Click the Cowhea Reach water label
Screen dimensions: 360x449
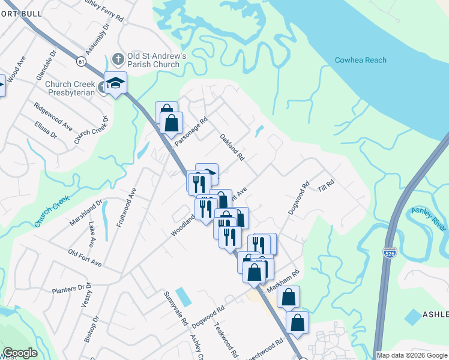point(360,60)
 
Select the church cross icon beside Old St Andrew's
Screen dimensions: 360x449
point(118,60)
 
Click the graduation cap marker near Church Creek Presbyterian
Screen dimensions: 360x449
point(115,83)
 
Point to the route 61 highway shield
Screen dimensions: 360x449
point(80,61)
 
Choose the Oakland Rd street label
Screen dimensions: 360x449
point(232,148)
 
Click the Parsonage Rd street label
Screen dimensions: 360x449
point(191,132)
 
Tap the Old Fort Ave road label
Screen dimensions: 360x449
point(85,259)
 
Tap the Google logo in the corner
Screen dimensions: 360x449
point(20,353)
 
